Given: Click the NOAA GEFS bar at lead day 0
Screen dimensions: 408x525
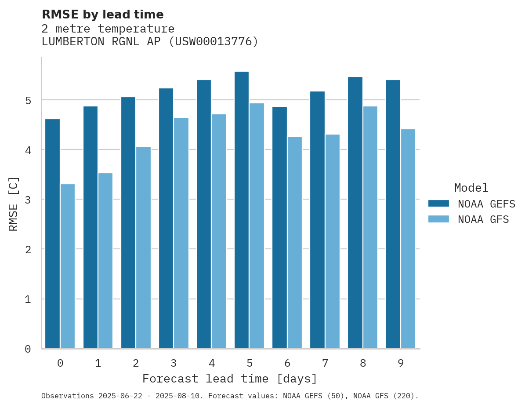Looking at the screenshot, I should pos(52,233).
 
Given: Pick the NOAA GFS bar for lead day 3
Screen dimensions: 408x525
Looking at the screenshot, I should pos(181,233).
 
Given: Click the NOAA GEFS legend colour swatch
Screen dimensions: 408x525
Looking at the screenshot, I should pos(438,204).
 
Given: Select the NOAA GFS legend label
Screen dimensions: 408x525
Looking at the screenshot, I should pos(483,219).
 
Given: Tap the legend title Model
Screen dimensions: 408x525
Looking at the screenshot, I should pos(471,188).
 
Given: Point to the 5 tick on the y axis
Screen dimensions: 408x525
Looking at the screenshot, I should pos(28,100).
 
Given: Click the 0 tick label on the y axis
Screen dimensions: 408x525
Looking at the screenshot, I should pos(28,349).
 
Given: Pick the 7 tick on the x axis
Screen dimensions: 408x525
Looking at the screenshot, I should pos(325,363).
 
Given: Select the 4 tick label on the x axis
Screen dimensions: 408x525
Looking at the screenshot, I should pos(212,363).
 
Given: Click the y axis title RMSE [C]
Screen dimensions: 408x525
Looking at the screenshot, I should pos(14,204).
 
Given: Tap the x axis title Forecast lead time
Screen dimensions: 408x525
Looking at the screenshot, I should pos(229,379).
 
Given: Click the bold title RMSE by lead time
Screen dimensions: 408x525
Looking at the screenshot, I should pos(102,15).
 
